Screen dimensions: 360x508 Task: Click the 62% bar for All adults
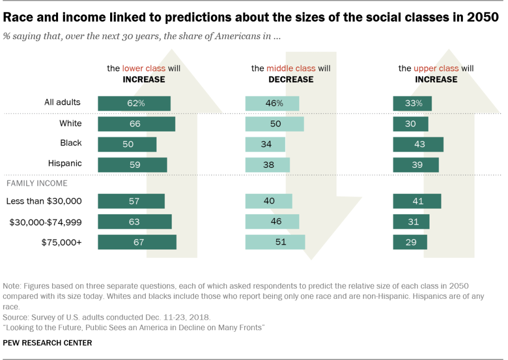point(134,103)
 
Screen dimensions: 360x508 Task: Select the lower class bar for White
point(136,124)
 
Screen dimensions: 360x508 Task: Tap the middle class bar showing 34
point(265,144)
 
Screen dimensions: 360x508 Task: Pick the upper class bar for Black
point(418,144)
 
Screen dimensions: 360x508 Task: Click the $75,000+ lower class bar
point(137,242)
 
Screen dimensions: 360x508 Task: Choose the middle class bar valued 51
point(275,242)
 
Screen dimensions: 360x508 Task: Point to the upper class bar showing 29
point(410,242)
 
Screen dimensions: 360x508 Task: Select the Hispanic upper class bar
point(416,164)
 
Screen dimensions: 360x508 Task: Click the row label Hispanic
point(65,163)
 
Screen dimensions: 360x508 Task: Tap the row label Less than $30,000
point(44,201)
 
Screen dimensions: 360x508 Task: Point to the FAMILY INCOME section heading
point(37,183)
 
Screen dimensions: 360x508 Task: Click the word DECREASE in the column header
point(291,79)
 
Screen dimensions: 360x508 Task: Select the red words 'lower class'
point(144,69)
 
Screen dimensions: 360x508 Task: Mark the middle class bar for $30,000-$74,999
point(272,221)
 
